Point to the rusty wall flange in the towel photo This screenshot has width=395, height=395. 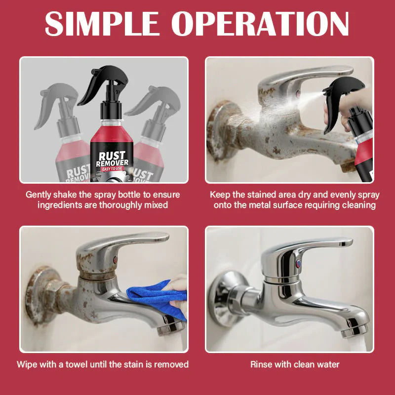coord(37,296)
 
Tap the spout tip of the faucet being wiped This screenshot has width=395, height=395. coord(170,327)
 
